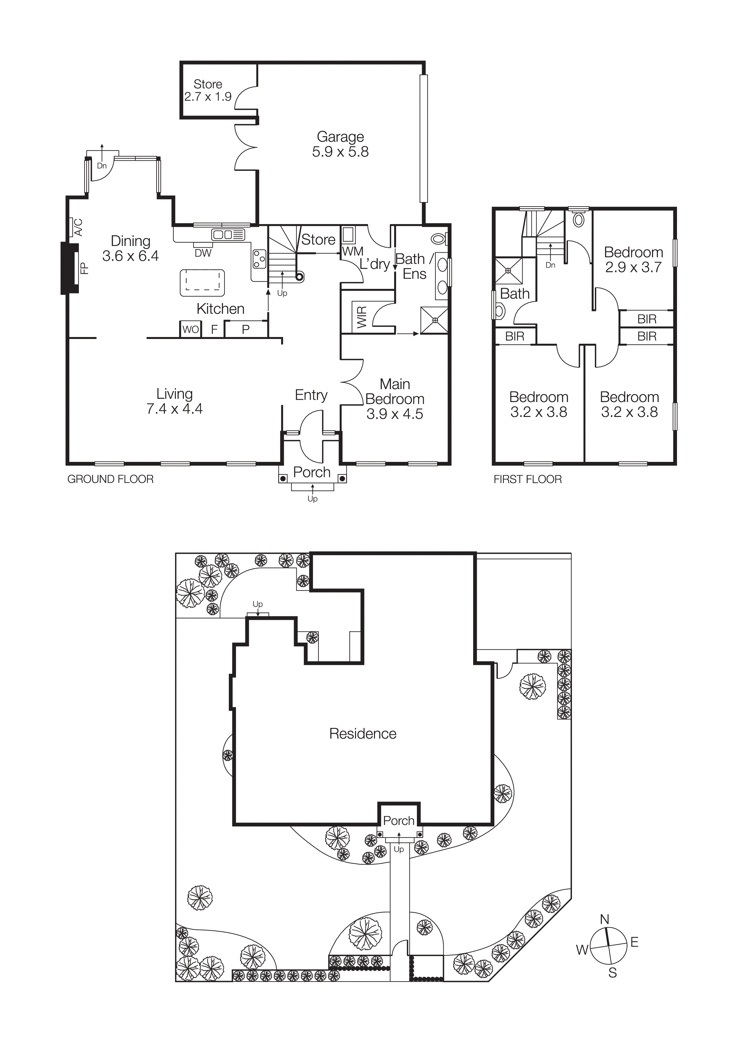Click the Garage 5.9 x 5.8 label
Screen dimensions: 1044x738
click(340, 144)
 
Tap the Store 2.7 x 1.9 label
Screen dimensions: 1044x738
click(208, 90)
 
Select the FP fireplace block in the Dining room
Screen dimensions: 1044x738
click(70, 268)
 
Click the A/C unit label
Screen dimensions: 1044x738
click(78, 227)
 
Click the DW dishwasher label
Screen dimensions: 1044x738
click(203, 253)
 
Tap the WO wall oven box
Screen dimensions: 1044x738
click(190, 329)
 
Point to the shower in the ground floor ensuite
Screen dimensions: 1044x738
click(434, 320)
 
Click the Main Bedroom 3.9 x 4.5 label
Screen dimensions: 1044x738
click(395, 399)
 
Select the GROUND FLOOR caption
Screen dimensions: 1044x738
click(110, 479)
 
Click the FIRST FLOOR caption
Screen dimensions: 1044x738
click(528, 479)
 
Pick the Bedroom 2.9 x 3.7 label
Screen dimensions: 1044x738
click(634, 260)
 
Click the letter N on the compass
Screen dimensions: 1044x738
click(604, 919)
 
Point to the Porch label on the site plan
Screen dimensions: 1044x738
click(398, 821)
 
